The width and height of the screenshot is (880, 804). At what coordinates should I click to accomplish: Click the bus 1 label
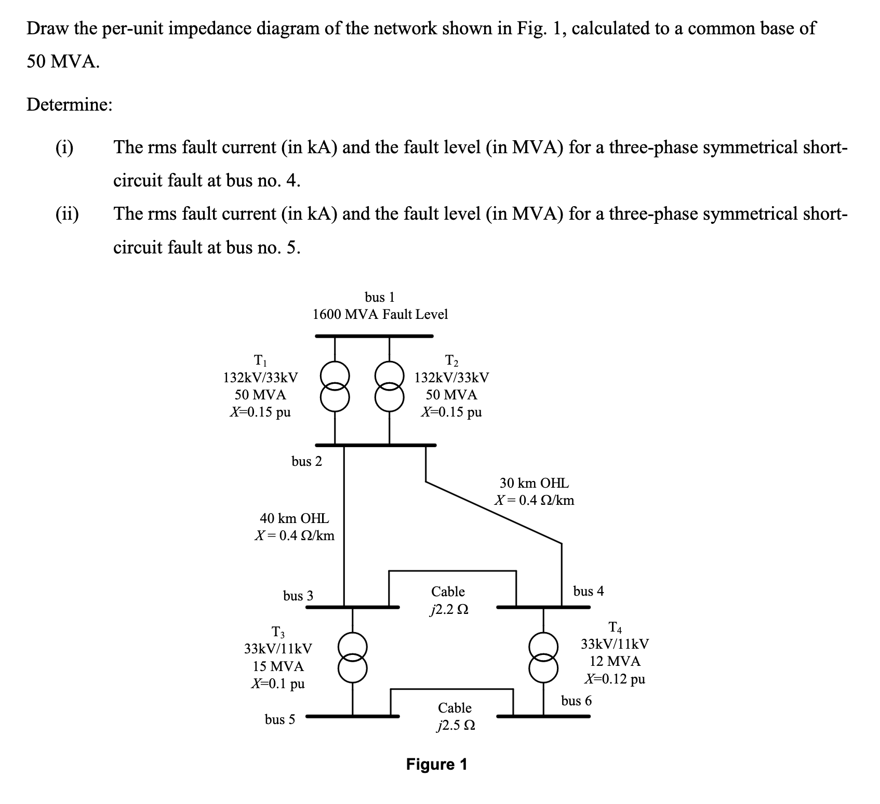(380, 297)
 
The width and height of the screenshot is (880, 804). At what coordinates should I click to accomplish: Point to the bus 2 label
(306, 461)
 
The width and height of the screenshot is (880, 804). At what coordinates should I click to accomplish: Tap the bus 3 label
(298, 596)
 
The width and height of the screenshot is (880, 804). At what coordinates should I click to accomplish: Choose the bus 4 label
(589, 591)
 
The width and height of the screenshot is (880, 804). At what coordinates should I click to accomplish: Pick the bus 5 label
(279, 719)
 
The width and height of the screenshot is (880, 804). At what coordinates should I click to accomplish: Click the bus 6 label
(576, 701)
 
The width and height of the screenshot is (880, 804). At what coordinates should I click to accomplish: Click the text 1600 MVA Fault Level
(380, 314)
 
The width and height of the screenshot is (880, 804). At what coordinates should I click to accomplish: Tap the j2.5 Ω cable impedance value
(456, 726)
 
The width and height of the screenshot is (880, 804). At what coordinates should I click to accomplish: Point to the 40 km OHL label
(294, 518)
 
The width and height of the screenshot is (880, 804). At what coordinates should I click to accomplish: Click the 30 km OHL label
(534, 483)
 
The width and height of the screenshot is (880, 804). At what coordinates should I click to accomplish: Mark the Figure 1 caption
(436, 765)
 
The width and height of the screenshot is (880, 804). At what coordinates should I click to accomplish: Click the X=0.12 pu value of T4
(615, 679)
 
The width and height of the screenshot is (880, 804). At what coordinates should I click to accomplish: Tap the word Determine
(69, 105)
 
